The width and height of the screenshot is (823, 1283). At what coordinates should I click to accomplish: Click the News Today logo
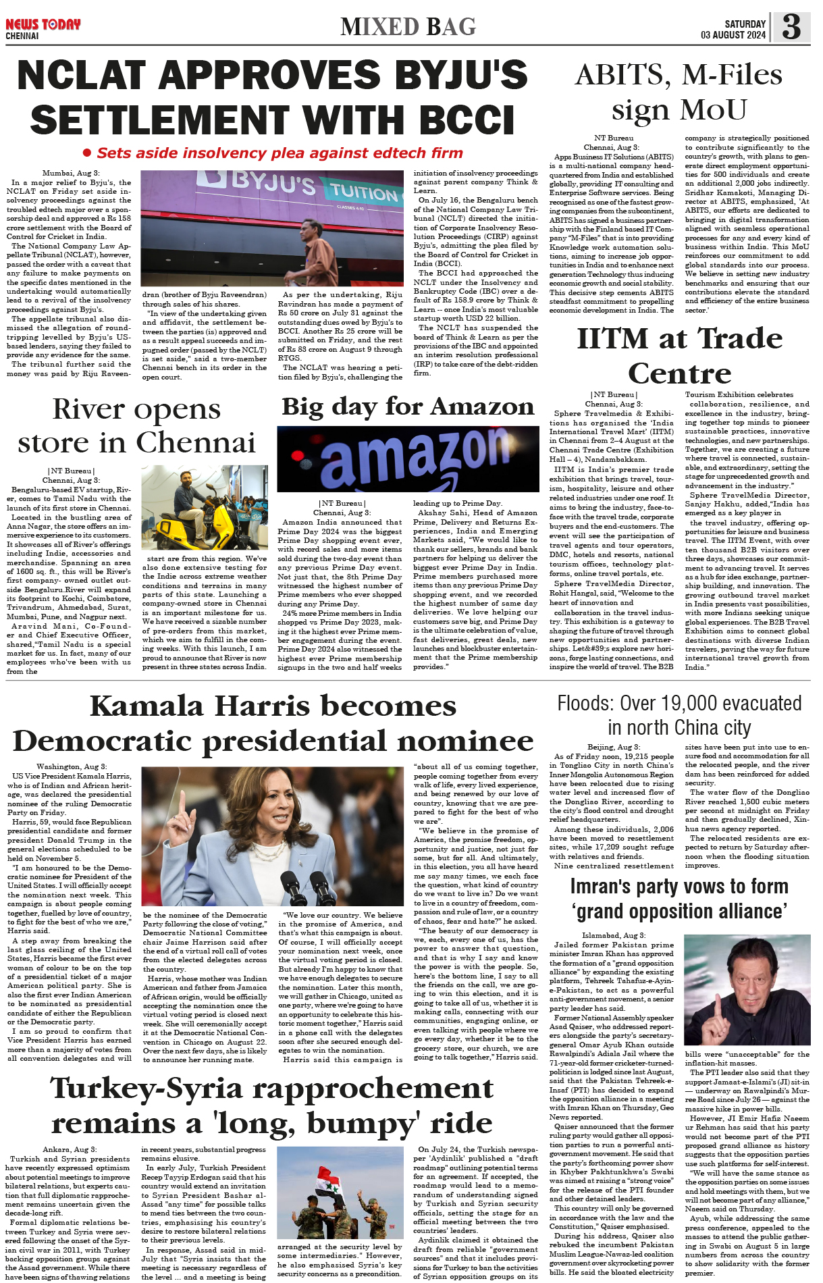43,25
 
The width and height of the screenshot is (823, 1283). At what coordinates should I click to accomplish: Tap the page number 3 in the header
791,27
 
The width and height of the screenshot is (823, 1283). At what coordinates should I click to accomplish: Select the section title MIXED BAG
408,27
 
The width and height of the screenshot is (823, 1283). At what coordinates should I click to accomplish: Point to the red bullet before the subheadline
86,153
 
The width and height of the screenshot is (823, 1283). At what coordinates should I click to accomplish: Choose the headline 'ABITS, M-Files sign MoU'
679,92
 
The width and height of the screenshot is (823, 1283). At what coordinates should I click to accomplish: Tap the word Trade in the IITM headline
740,338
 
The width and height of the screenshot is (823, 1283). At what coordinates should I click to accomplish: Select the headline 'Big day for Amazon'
408,407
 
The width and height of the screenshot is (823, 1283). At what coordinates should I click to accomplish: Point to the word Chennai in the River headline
196,443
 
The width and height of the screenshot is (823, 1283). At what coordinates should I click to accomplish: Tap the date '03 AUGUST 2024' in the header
733,35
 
